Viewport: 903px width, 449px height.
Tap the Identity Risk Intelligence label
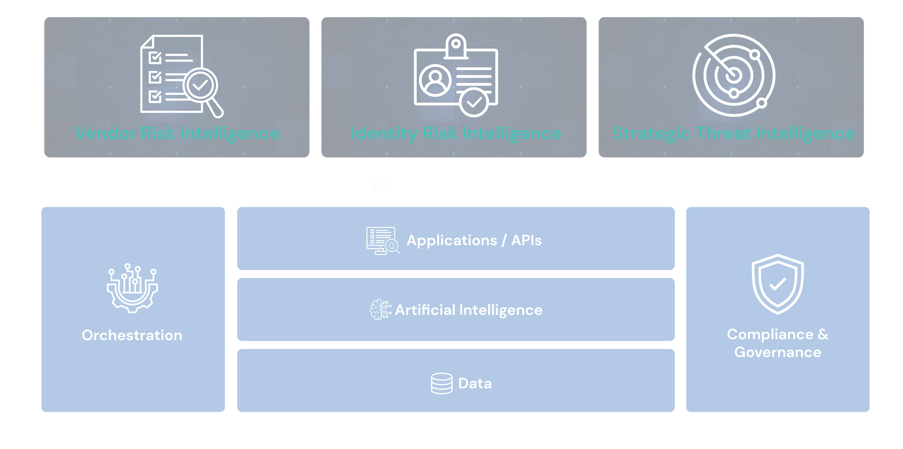point(456,133)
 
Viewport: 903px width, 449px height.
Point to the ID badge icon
point(456,75)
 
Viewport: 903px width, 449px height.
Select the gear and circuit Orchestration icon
point(132,288)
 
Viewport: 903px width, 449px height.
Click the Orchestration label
point(132,335)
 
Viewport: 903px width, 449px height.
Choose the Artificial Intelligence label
point(469,310)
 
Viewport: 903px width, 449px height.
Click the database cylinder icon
point(442,384)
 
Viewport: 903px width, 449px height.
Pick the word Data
point(475,384)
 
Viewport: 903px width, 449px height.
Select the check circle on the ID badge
point(474,102)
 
